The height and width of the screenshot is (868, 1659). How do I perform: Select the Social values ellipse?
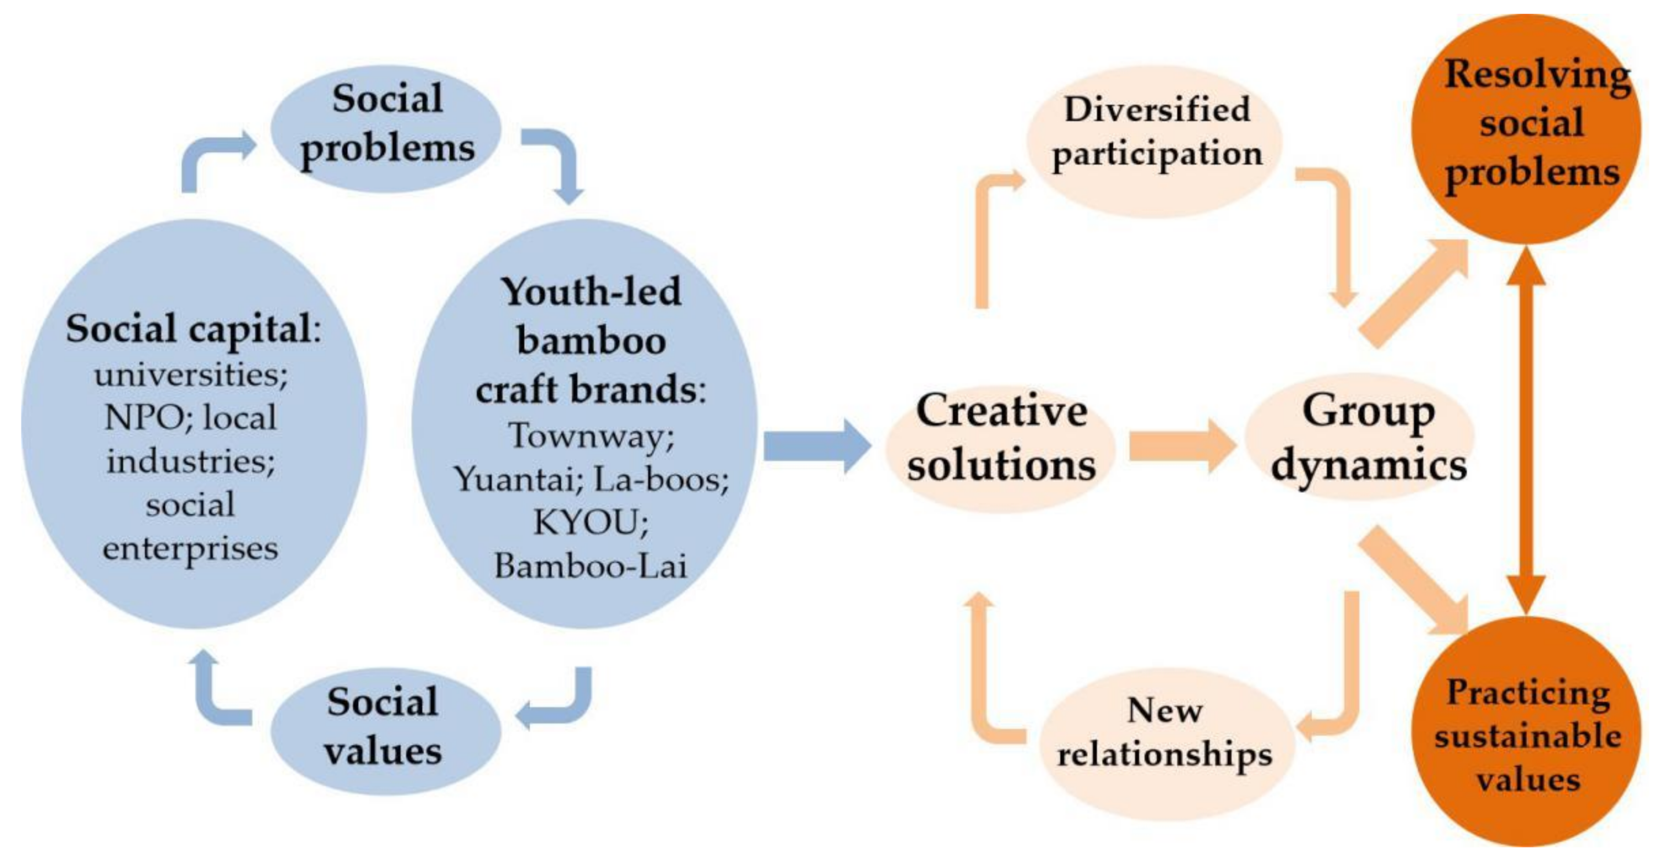(384, 730)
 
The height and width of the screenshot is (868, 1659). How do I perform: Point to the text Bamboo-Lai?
(590, 566)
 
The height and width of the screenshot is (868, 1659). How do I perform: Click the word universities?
(191, 375)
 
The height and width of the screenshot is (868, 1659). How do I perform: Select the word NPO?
(143, 418)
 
